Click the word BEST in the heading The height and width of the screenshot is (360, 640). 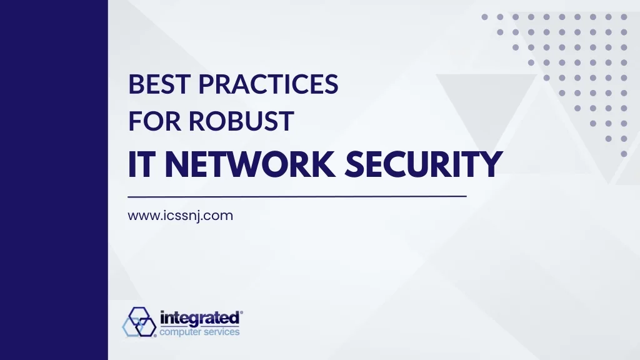(x=159, y=84)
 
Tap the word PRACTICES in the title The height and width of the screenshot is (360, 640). (x=269, y=84)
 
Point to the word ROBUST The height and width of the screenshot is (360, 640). (x=241, y=121)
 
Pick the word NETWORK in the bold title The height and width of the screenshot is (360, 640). (x=251, y=164)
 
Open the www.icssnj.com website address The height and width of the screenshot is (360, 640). (x=181, y=216)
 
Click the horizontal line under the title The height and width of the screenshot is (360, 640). (x=297, y=196)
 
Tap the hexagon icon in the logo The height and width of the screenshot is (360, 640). (x=139, y=322)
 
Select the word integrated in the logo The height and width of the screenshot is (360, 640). (x=199, y=318)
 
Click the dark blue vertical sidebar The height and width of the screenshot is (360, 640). (x=54, y=180)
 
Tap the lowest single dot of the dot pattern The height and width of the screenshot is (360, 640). (x=624, y=154)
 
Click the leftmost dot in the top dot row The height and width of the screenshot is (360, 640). (x=484, y=17)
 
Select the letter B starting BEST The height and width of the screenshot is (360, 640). (x=136, y=84)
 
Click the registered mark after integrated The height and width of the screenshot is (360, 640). (x=241, y=312)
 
